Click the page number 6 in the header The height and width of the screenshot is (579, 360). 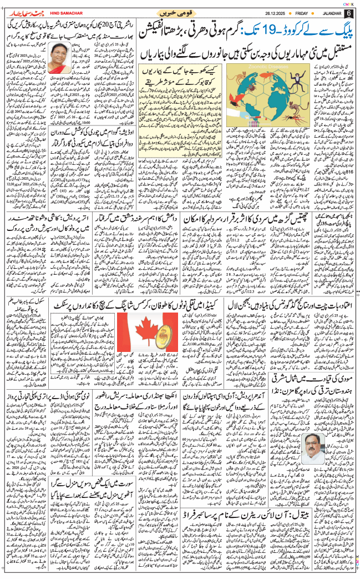(349, 13)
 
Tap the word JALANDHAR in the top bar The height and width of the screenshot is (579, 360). (329, 13)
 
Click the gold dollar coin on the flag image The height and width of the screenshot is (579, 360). (166, 343)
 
